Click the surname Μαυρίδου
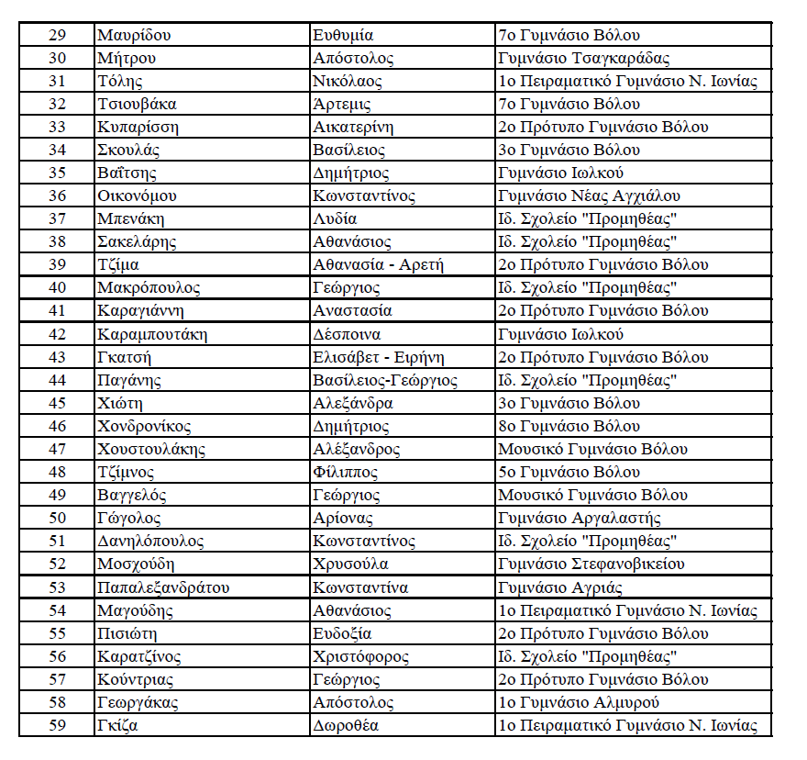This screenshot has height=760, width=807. pos(135,36)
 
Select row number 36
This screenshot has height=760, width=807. pos(57,196)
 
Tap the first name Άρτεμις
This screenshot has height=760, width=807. pos(343,105)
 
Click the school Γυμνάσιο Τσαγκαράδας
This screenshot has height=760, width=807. pos(583,59)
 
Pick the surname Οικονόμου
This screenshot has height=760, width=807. pos(137,196)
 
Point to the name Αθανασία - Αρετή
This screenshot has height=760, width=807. pos(378,265)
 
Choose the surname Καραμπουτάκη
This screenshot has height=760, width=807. pos(152,334)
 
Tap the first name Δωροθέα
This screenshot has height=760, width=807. pos(346,726)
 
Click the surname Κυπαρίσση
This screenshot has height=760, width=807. pos(138,128)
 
